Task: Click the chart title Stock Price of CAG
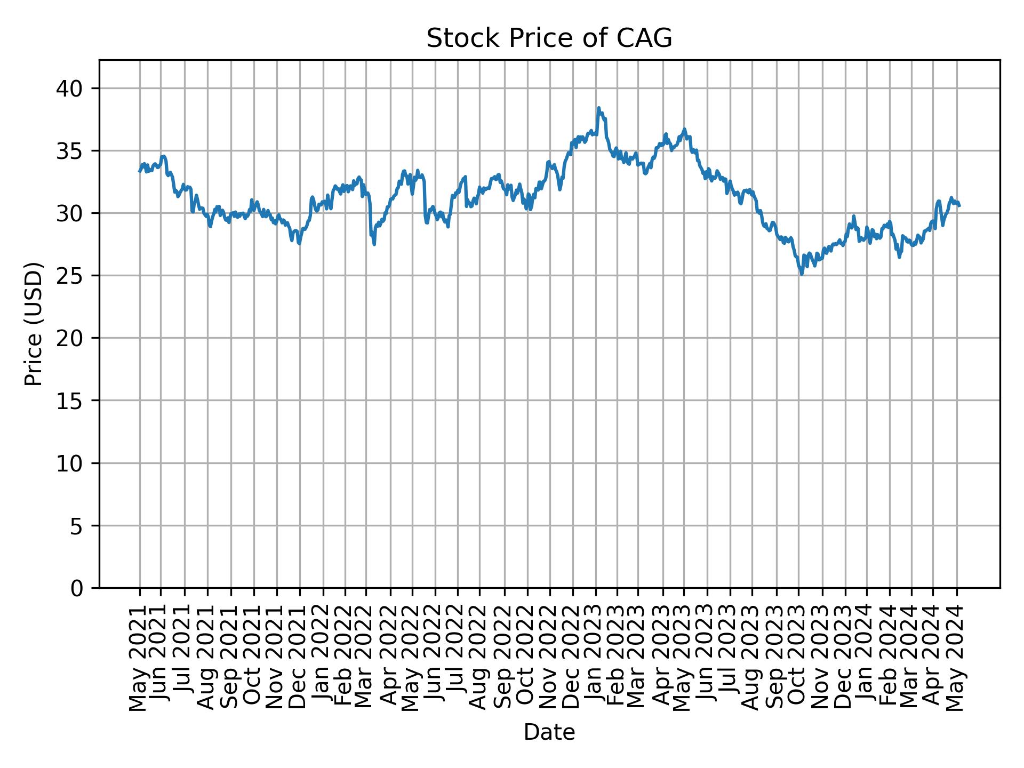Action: coord(549,39)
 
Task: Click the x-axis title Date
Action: coord(549,733)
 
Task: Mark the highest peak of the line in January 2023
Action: coord(598,108)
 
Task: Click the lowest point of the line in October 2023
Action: coord(802,274)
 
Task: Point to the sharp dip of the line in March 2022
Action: coord(374,244)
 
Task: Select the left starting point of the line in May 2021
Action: coord(140,171)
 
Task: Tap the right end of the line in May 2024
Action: coord(959,205)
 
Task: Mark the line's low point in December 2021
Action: coord(299,244)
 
